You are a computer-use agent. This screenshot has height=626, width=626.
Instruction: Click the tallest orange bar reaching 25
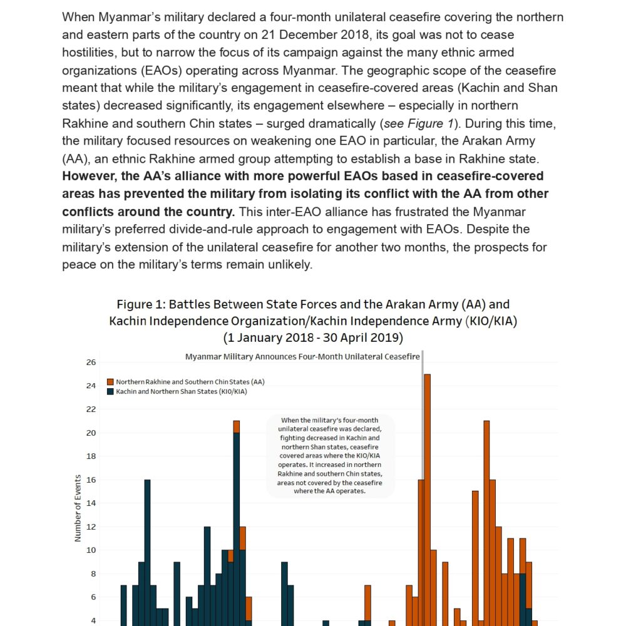tap(427, 495)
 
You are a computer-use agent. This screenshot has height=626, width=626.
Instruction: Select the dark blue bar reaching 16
tap(148, 551)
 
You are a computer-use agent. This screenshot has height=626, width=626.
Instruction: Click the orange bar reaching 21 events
tap(486, 520)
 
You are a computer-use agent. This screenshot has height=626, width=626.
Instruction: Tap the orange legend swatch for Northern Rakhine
tap(111, 382)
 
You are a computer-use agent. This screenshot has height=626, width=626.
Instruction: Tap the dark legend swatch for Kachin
tap(111, 391)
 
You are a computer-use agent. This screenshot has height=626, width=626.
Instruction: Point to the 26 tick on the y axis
tap(91, 362)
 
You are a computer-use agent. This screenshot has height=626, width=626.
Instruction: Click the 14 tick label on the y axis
tap(91, 503)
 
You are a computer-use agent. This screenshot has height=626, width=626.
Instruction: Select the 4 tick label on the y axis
tap(91, 620)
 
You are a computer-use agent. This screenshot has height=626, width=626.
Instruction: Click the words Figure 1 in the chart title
tap(141, 305)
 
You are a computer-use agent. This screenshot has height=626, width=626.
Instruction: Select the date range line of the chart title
tap(313, 338)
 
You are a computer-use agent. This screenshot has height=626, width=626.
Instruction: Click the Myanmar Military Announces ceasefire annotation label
tap(302, 356)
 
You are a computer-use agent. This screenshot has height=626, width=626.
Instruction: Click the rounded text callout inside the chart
tap(331, 456)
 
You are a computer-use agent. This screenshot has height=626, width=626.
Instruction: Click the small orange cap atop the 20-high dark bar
tap(237, 426)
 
